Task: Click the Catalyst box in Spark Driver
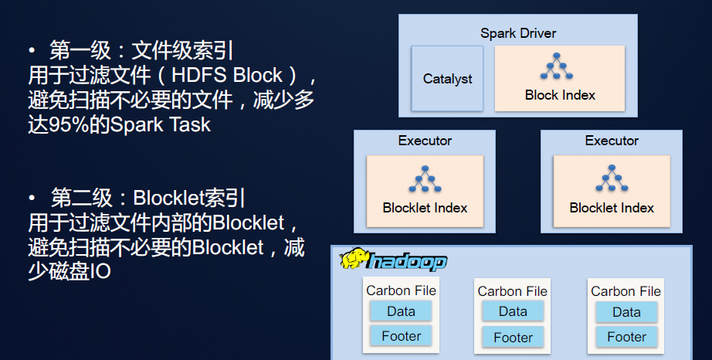(x=447, y=79)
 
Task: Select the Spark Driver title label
(x=518, y=33)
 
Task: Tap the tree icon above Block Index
(x=560, y=67)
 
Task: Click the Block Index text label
(x=560, y=95)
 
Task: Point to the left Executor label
(x=425, y=141)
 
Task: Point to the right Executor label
(x=612, y=141)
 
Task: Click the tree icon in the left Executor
(x=425, y=179)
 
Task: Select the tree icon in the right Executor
(x=612, y=179)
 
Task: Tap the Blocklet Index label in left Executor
(x=425, y=208)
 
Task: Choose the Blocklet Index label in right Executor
(x=612, y=208)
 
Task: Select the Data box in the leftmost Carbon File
(x=401, y=311)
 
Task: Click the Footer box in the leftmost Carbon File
(x=401, y=336)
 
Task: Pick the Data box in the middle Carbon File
(x=513, y=312)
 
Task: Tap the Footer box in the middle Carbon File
(x=513, y=338)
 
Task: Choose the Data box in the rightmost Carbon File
(x=626, y=312)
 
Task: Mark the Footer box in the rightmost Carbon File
(x=626, y=337)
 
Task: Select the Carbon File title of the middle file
(x=513, y=291)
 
